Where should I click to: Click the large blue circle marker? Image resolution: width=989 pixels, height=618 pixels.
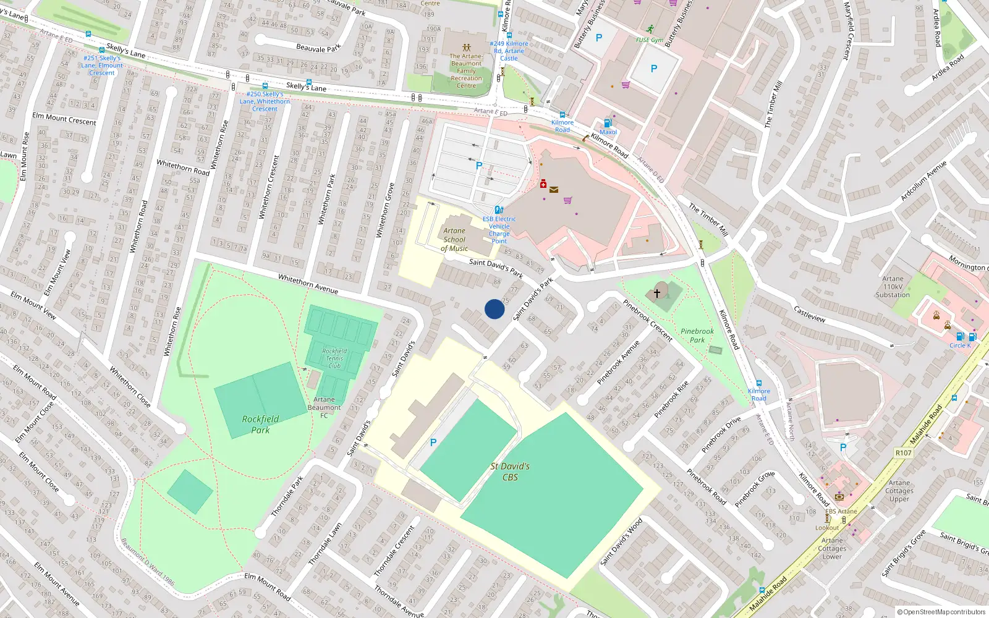494,309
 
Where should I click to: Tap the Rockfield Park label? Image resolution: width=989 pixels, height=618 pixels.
260,424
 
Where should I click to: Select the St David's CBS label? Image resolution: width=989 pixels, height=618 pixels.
510,472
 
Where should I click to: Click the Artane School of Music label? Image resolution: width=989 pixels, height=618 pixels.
454,240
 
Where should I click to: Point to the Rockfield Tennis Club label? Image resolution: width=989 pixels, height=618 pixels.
334,358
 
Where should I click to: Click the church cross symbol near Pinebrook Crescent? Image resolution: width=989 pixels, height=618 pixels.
657,294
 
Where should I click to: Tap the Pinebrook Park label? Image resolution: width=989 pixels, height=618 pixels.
697,336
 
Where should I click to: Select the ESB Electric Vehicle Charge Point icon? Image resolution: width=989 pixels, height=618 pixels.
499,210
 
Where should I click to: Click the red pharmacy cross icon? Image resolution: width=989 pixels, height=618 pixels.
543,184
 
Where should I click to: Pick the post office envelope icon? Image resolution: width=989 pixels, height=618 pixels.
554,190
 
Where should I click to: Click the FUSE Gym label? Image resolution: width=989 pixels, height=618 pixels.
650,40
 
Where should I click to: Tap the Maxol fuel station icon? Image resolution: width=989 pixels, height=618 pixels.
608,123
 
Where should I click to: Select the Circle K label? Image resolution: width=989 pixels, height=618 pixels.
960,345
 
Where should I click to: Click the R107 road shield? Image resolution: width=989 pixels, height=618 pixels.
904,453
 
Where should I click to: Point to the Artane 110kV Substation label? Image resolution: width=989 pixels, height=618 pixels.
893,287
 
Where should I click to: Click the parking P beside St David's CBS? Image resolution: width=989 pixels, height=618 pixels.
433,442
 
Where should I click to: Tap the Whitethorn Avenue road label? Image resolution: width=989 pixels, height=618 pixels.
308,284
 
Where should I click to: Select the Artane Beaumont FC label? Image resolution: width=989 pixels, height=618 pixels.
325,407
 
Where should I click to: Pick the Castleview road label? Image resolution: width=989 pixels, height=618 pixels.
810,314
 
